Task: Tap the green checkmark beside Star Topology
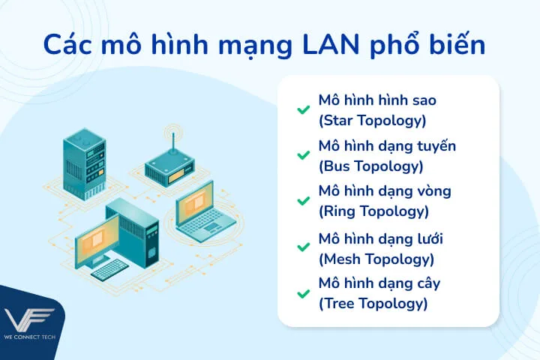(x=303, y=109)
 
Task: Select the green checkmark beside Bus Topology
(x=303, y=155)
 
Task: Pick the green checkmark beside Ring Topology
(x=303, y=201)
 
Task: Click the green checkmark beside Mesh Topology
(x=303, y=247)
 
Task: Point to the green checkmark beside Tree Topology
(x=303, y=292)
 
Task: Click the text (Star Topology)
(x=372, y=120)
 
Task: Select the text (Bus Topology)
(x=370, y=166)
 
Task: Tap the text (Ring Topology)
(x=373, y=211)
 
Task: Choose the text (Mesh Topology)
(x=376, y=259)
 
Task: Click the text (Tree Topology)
(x=373, y=304)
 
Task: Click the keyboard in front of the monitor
(x=110, y=268)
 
